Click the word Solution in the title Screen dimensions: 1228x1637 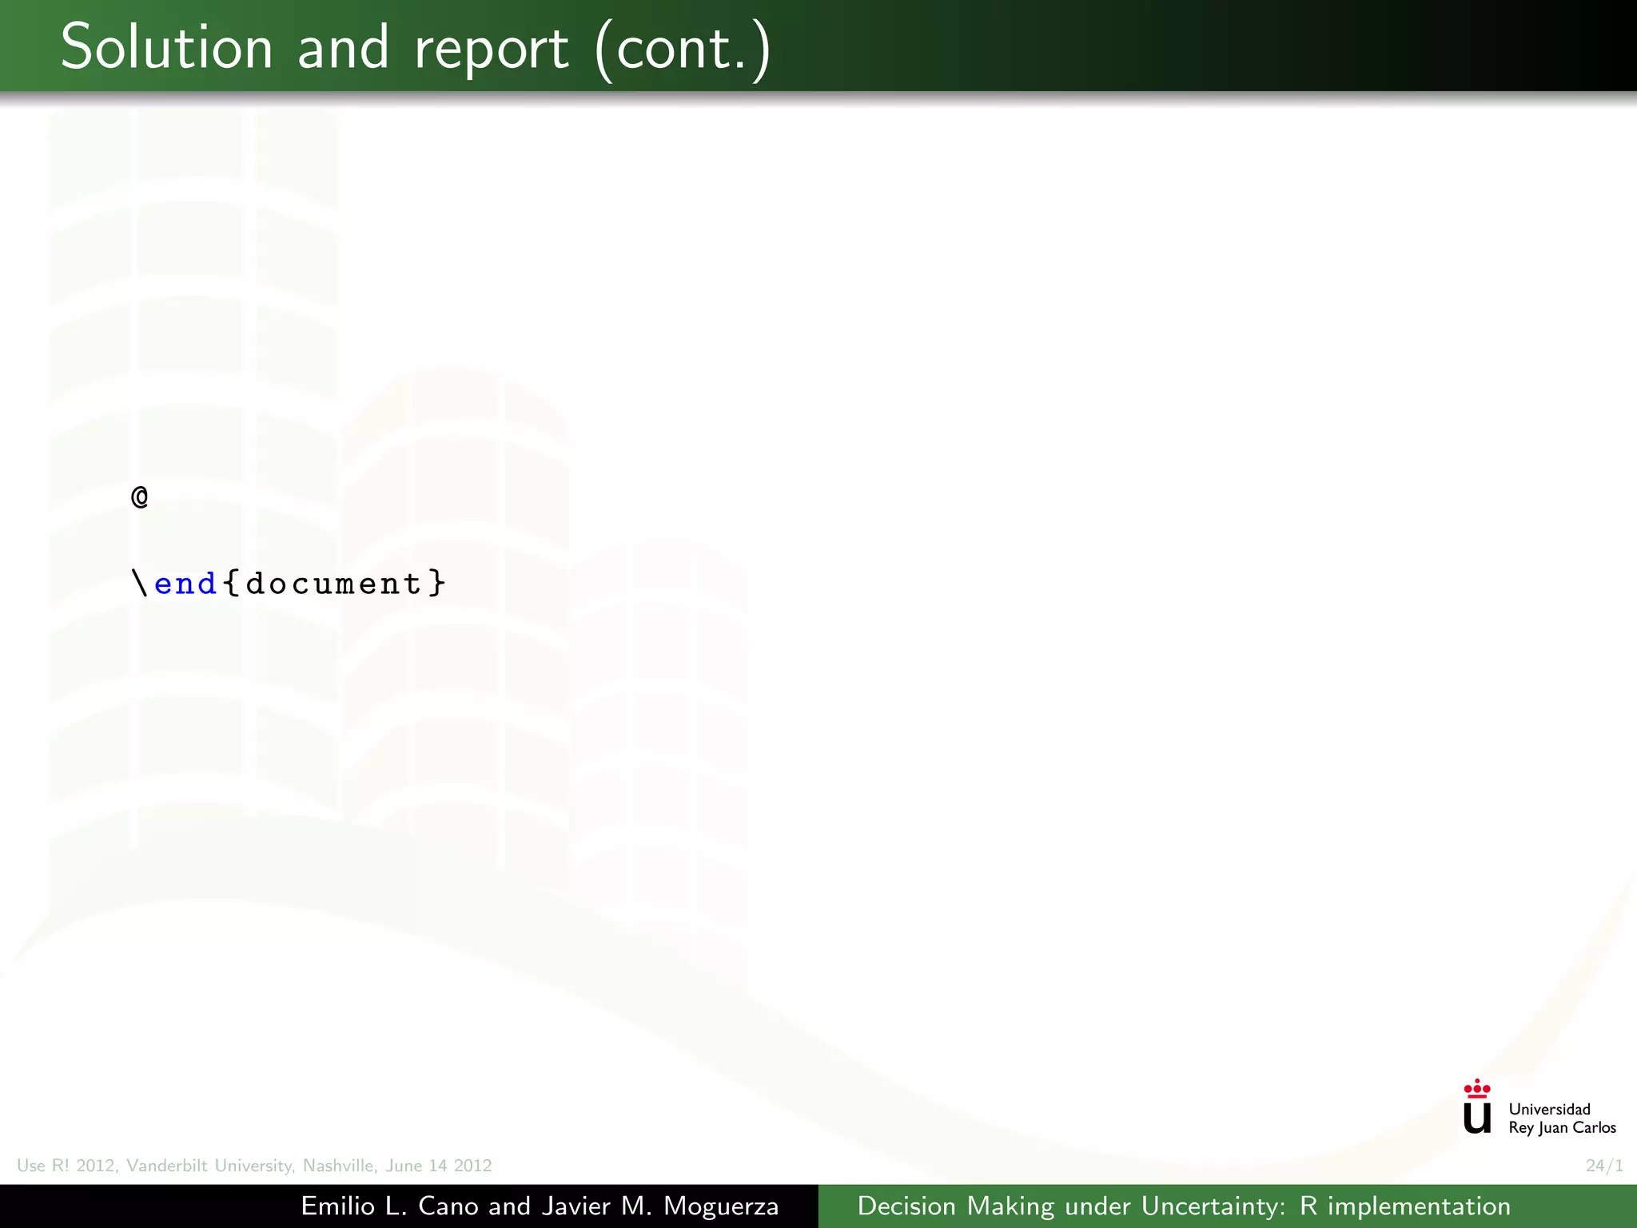(166, 48)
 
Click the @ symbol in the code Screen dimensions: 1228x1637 (140, 497)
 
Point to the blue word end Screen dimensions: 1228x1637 (185, 584)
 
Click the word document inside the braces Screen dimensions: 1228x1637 (333, 584)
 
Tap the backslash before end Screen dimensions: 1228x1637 (141, 583)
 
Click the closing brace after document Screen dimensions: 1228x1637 (437, 583)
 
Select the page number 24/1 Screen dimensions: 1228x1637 (1604, 1166)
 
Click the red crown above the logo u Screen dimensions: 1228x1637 (1477, 1088)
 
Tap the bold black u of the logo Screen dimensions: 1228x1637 (1477, 1118)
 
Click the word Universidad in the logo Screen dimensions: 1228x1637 (1549, 1109)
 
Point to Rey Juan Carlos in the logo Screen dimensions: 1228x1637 (1562, 1128)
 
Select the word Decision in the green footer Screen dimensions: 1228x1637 (906, 1206)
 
